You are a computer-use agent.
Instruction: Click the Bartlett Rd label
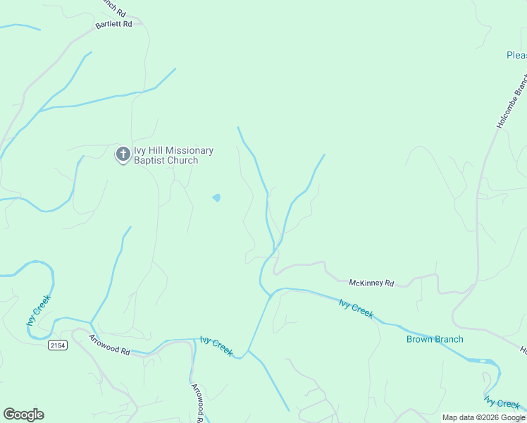pos(114,24)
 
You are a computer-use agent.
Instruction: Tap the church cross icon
pos(123,154)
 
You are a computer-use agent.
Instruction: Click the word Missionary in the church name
pos(185,150)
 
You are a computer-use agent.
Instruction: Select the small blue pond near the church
pos(216,197)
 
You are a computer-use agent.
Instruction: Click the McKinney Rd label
pos(371,283)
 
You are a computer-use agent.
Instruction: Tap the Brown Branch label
pos(435,339)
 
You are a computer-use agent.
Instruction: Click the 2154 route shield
pos(58,345)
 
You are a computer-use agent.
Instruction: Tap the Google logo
pos(23,415)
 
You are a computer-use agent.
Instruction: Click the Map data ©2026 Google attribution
pos(483,417)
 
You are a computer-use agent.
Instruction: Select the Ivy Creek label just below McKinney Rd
pos(356,309)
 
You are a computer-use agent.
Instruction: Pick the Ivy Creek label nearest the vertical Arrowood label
pos(216,346)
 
